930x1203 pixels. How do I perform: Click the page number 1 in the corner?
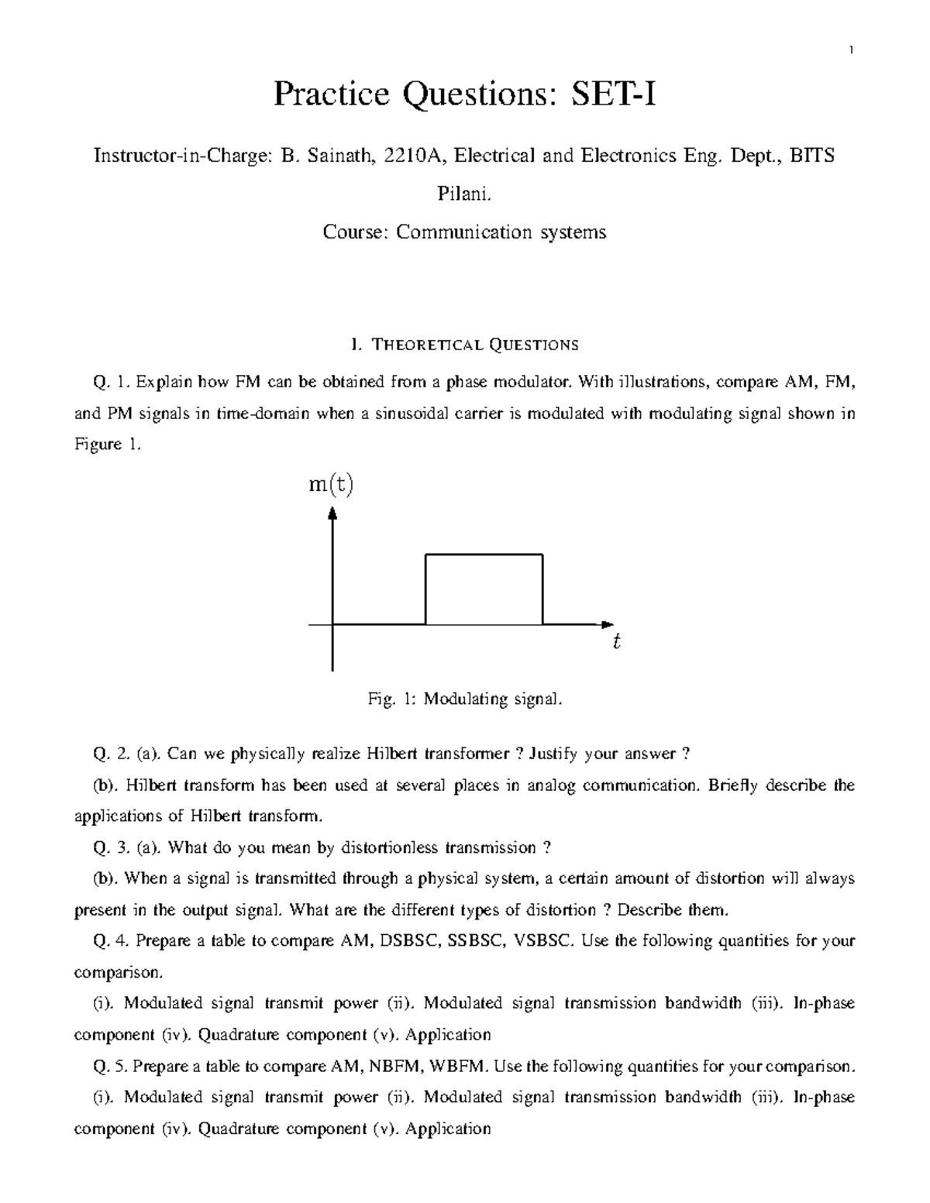click(852, 51)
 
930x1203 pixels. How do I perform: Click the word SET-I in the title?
click(613, 96)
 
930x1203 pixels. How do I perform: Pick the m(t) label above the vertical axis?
click(331, 486)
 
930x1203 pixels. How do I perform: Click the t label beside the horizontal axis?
click(616, 642)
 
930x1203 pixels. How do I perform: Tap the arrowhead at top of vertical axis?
click(332, 514)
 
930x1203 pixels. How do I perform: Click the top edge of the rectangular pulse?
click(484, 555)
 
